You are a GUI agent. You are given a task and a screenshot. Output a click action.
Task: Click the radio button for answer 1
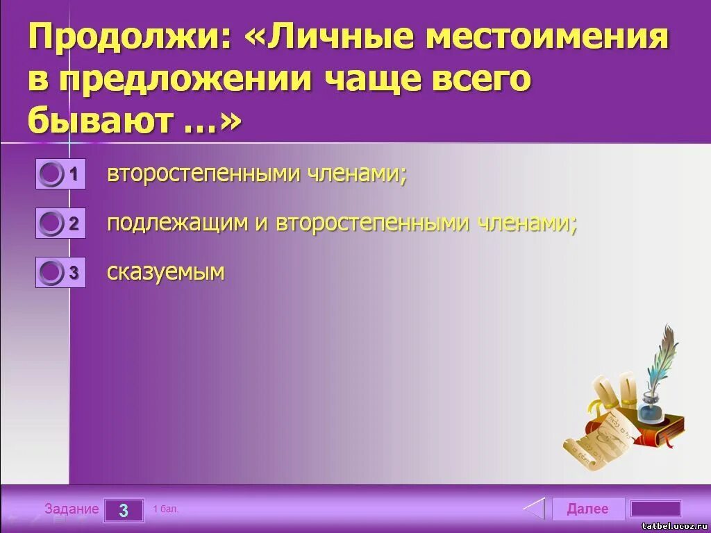(x=51, y=174)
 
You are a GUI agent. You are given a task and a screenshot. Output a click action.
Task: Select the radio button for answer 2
(x=51, y=223)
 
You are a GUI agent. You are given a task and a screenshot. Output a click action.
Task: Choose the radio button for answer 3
(x=51, y=273)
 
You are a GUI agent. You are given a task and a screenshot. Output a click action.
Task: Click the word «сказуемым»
(x=166, y=272)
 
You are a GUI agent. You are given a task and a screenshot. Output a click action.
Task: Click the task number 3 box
(x=124, y=510)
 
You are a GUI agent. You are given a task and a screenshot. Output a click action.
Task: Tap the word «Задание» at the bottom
(x=72, y=509)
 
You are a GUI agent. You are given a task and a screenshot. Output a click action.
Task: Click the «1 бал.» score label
(x=166, y=509)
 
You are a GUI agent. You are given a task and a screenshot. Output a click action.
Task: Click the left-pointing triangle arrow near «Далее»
(x=535, y=509)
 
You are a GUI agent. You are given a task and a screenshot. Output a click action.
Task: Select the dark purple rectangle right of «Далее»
(x=655, y=509)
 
